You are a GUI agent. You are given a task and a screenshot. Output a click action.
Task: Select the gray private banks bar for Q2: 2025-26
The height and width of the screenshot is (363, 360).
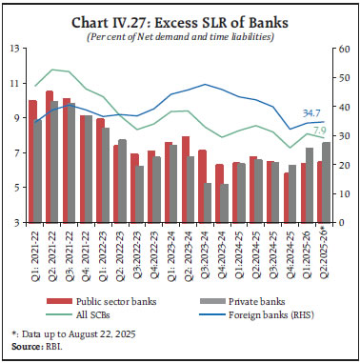coord(325,182)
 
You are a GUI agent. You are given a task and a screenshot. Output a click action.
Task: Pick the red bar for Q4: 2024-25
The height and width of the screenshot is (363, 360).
coord(287,197)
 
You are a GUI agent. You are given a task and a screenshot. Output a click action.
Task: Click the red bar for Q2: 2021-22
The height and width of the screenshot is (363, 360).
coord(50,156)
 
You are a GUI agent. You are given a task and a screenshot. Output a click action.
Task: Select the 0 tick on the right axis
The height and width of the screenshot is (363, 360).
coord(345,222)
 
